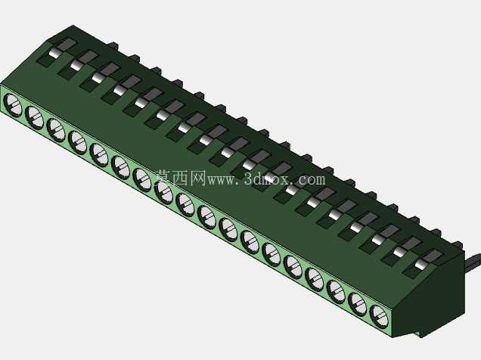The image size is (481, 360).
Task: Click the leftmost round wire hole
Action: [13, 105]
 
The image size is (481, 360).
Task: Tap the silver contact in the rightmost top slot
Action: [421, 264]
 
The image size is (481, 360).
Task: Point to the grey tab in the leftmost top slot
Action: [65, 45]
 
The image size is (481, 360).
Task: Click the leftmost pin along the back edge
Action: [113, 46]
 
